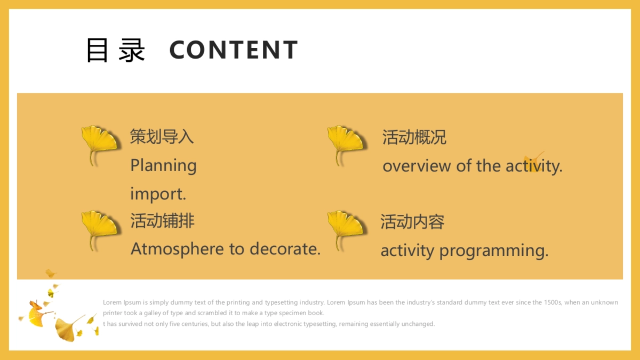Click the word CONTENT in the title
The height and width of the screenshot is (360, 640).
[233, 50]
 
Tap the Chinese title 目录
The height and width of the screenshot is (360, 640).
[115, 50]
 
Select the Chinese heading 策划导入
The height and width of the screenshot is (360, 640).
[162, 137]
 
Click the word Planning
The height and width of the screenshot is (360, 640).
[163, 165]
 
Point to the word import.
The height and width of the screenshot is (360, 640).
[158, 194]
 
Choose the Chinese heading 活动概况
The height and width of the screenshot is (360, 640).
[414, 137]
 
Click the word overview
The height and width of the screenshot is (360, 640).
[417, 166]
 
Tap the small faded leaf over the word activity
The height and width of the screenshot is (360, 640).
[533, 162]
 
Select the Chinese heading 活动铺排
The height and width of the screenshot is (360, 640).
[162, 220]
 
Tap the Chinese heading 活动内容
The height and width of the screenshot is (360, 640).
[412, 221]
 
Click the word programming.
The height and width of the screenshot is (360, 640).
[494, 251]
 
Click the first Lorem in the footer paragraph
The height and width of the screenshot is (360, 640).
[112, 302]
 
